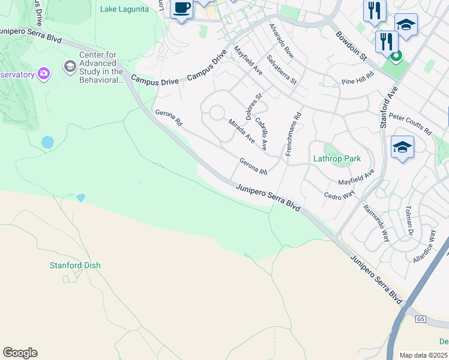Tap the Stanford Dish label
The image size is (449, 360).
[x=75, y=265]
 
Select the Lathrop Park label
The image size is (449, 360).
[x=337, y=159]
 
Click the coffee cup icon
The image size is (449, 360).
[x=181, y=8]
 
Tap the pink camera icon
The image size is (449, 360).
[x=43, y=74]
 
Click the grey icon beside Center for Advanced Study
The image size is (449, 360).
[x=70, y=65]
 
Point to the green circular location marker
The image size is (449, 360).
[x=396, y=58]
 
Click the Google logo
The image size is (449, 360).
[x=20, y=353]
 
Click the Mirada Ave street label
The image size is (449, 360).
[x=241, y=131]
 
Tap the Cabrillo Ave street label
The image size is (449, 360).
[x=261, y=133]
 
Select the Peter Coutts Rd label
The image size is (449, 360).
[x=410, y=123]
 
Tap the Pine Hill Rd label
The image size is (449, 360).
[x=357, y=77]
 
